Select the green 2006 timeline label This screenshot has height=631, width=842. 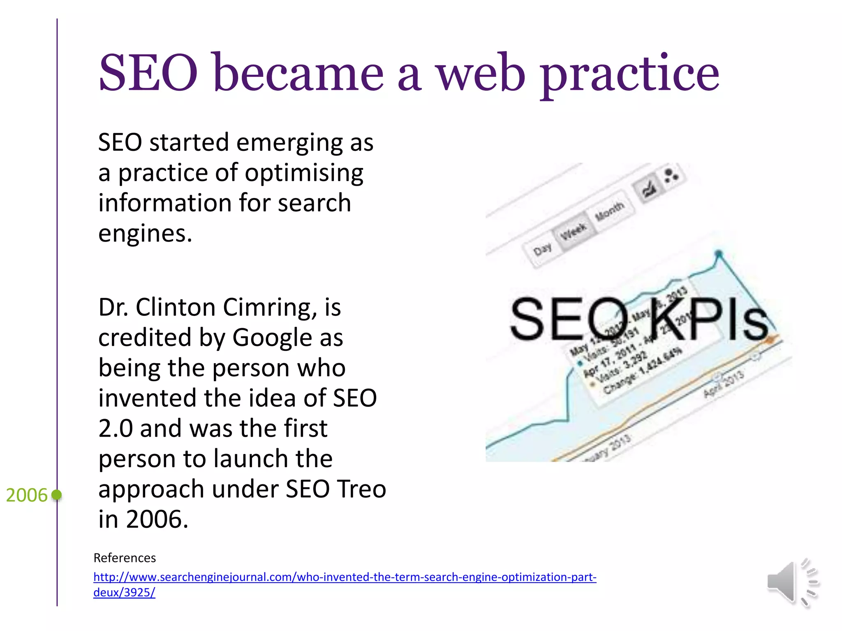(x=27, y=495)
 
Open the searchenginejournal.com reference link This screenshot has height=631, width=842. (x=345, y=577)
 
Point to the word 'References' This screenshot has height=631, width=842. (x=125, y=558)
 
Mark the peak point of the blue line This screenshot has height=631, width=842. (x=719, y=253)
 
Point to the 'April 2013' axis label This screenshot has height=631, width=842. (x=724, y=384)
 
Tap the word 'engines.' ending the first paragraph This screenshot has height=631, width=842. (x=145, y=233)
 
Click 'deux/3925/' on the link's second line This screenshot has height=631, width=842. (x=124, y=592)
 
